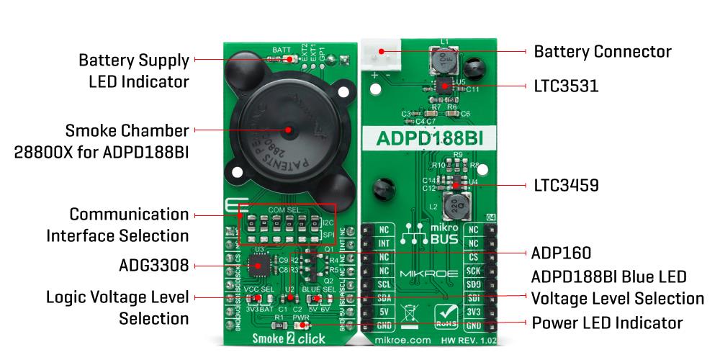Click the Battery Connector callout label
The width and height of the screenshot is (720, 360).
point(602,52)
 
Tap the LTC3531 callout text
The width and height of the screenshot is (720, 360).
point(566,86)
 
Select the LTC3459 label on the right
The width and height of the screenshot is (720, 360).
point(566,186)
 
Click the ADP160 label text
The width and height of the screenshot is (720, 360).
point(561,253)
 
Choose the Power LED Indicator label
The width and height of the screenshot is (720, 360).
point(607,322)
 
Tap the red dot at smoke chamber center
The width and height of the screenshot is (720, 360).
point(288,130)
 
